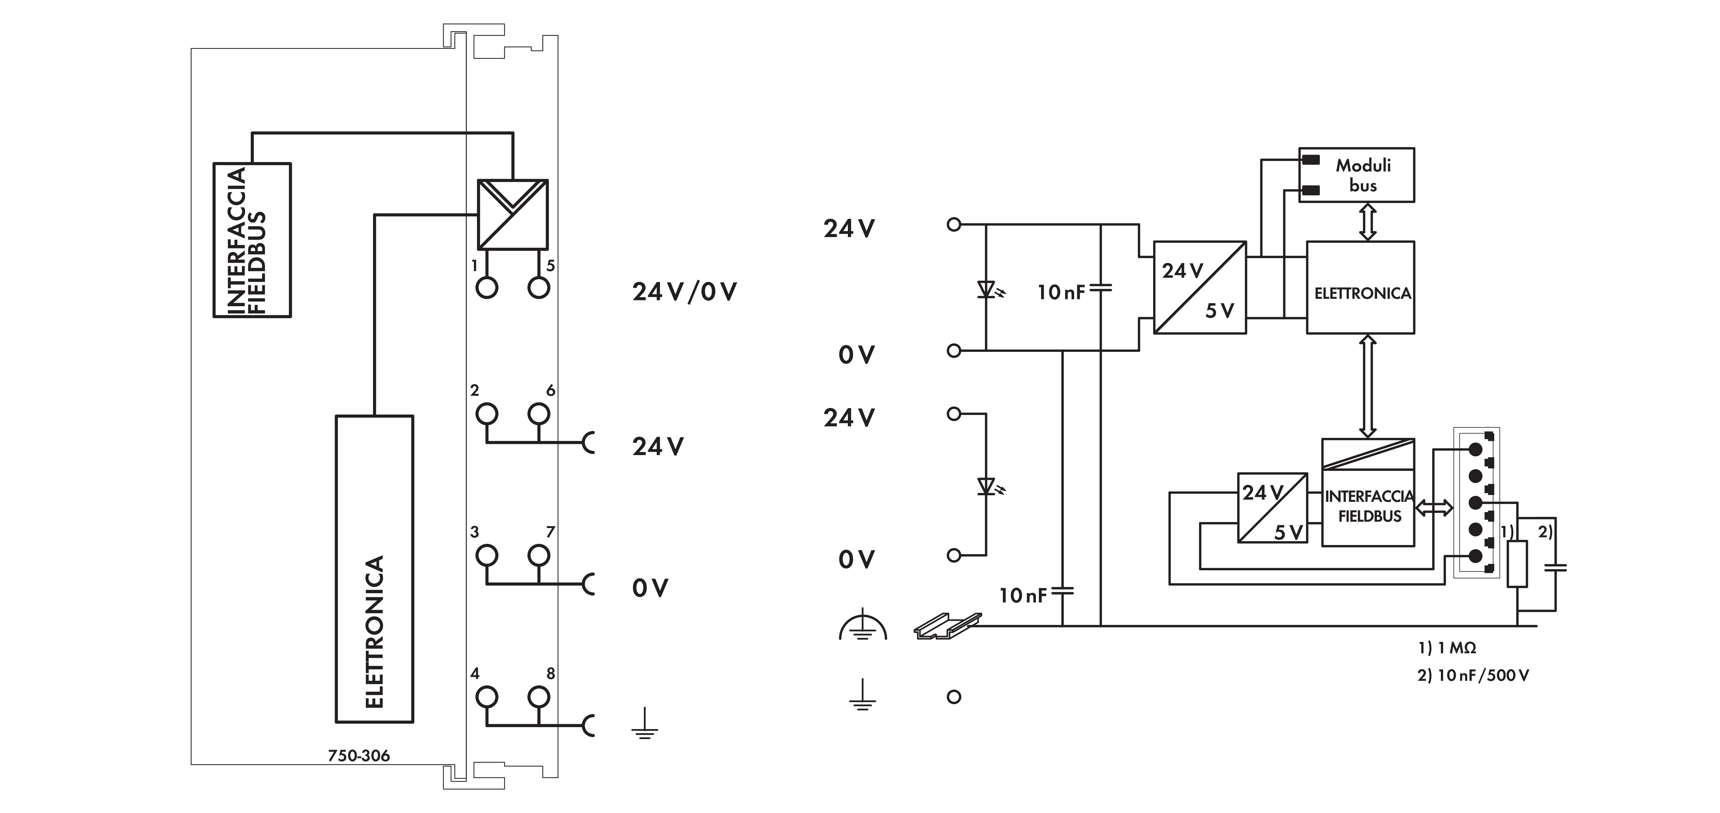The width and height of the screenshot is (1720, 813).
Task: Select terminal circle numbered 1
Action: (487, 288)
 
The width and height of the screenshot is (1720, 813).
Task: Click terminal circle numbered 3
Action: (487, 555)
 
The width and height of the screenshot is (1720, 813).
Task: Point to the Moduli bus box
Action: (1356, 175)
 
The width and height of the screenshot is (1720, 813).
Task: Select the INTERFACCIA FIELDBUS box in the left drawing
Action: (252, 240)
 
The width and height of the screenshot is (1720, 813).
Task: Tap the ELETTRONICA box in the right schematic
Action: (1360, 287)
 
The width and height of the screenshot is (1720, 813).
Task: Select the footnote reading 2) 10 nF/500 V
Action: (1473, 675)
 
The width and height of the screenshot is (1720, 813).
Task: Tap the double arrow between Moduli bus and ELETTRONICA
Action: (1367, 222)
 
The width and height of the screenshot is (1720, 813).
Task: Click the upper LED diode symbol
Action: (987, 289)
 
